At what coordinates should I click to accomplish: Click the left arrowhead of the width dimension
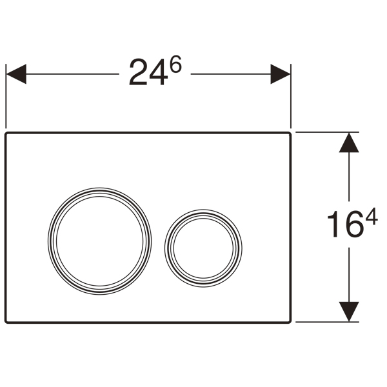(16, 74)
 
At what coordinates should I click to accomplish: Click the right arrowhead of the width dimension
(281, 74)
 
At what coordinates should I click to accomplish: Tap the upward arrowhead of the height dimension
(349, 143)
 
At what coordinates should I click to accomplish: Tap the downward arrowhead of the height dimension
(349, 312)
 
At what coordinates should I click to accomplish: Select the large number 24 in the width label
(148, 72)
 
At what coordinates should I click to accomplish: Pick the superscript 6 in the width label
(175, 64)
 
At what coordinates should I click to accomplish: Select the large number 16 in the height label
(346, 224)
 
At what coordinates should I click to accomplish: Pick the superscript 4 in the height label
(372, 217)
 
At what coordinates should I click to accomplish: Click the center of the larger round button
(100, 241)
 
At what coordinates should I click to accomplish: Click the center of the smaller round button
(203, 248)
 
